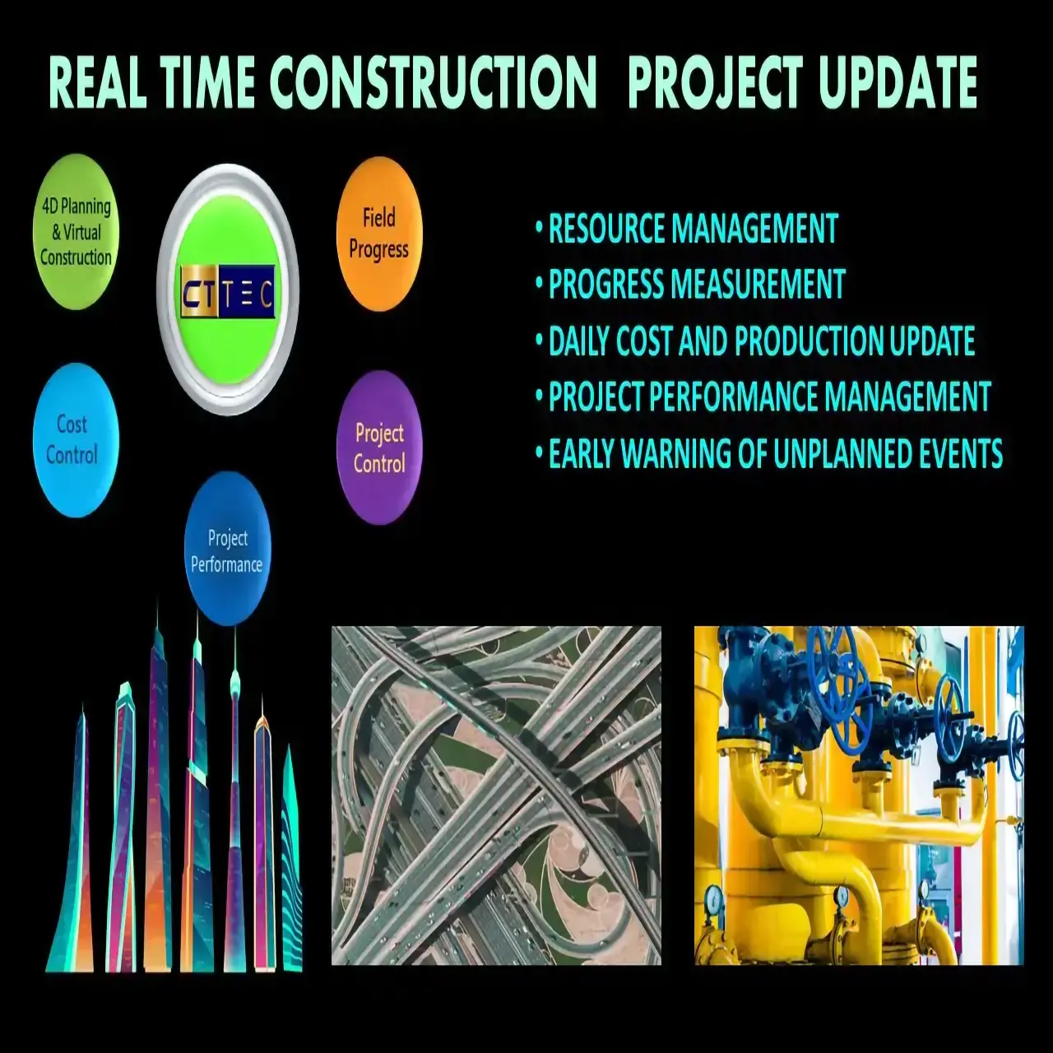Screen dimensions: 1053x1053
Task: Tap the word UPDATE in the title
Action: tap(898, 84)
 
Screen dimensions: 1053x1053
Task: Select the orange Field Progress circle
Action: tap(379, 234)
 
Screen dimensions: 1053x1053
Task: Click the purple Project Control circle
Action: tap(379, 448)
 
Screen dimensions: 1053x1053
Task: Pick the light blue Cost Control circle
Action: tap(76, 440)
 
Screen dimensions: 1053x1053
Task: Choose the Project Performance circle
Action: tap(227, 550)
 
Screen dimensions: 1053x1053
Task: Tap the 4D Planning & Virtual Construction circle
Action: tap(76, 232)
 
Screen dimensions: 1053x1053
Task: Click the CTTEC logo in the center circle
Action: tap(227, 291)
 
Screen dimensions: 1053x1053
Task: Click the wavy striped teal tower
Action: tap(291, 864)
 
